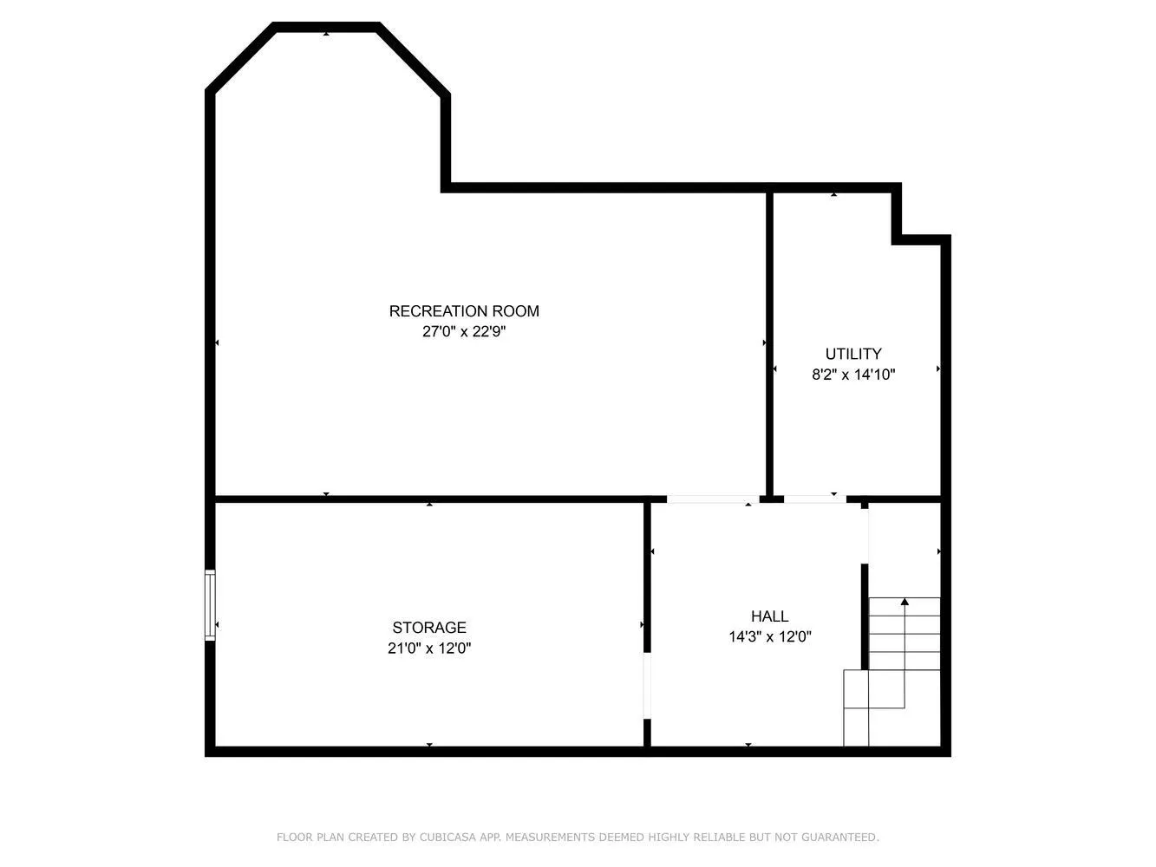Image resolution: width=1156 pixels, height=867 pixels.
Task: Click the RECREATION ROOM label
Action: [464, 311]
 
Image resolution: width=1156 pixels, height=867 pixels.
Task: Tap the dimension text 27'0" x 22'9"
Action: [464, 331]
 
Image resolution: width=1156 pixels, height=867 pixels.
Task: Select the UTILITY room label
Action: [853, 354]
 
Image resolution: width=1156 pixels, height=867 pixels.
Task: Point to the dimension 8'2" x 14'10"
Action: [853, 375]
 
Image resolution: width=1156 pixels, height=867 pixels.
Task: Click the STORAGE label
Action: [429, 628]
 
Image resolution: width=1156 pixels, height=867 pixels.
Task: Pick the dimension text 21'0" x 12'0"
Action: [429, 648]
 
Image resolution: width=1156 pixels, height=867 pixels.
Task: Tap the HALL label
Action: [769, 616]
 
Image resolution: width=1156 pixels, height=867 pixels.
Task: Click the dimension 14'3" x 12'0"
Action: [769, 637]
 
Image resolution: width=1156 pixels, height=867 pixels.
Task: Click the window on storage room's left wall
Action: [210, 605]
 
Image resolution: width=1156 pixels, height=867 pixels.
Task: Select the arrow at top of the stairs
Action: [905, 601]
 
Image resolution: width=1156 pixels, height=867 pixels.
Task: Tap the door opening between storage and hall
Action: [647, 685]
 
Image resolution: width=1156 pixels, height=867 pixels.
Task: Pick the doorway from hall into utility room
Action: [815, 499]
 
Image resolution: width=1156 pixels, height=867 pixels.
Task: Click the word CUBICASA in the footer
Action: [451, 838]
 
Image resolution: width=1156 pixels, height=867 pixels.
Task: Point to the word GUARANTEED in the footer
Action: [840, 838]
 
